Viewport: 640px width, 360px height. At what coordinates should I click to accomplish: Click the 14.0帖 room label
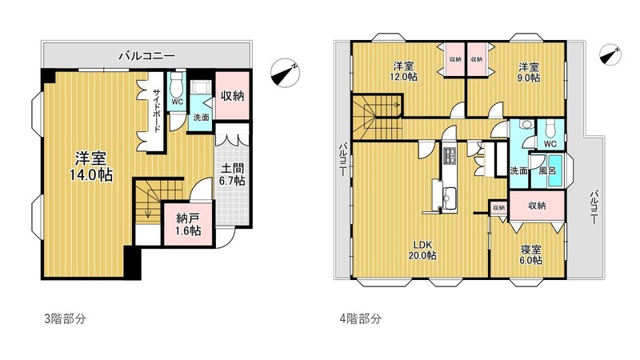(94, 166)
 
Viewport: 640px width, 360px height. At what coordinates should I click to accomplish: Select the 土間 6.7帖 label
(233, 174)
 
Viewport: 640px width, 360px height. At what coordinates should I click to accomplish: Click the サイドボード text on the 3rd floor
(158, 108)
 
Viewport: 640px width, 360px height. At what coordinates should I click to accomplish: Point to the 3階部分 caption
(65, 318)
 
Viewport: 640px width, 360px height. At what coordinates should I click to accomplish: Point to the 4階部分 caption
(361, 318)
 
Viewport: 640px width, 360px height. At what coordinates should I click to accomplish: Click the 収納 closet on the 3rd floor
(232, 96)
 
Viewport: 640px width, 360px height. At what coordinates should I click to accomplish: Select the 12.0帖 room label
(404, 71)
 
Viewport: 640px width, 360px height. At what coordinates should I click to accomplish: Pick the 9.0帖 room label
(528, 71)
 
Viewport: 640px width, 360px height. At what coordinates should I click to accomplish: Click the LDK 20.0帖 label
(424, 250)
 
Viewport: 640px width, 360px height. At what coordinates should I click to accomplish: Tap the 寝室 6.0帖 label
(530, 254)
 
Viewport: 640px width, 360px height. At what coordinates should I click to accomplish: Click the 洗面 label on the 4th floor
(518, 171)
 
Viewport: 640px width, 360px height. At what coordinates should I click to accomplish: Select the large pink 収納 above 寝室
(537, 206)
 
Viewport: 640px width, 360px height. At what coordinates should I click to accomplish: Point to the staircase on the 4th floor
(376, 113)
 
